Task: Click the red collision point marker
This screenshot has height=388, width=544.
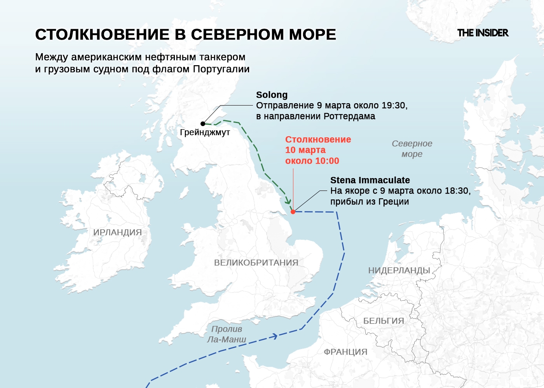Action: [x=293, y=211]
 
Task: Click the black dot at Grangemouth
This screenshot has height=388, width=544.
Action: [x=203, y=124]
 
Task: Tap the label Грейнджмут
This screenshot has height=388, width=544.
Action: [x=205, y=132]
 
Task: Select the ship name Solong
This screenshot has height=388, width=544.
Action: [x=272, y=95]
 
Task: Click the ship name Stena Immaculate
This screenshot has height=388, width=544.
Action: [x=370, y=180]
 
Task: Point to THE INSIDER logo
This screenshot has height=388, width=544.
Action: [x=483, y=33]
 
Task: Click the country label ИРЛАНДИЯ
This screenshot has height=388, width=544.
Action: [x=117, y=232]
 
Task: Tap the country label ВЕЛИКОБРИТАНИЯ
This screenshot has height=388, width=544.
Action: [x=256, y=263]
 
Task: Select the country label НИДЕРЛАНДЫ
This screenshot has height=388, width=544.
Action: [x=399, y=270]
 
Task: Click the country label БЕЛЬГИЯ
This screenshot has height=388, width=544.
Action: [x=384, y=321]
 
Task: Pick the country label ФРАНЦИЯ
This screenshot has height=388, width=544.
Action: [x=345, y=352]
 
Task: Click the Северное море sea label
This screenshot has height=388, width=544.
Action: [x=412, y=149]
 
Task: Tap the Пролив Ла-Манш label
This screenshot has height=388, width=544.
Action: [x=227, y=334]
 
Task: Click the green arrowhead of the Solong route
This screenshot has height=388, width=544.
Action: [x=288, y=201]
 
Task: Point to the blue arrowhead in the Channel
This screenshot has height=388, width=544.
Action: [x=275, y=336]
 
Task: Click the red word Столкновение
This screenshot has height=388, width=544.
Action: [x=318, y=140]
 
